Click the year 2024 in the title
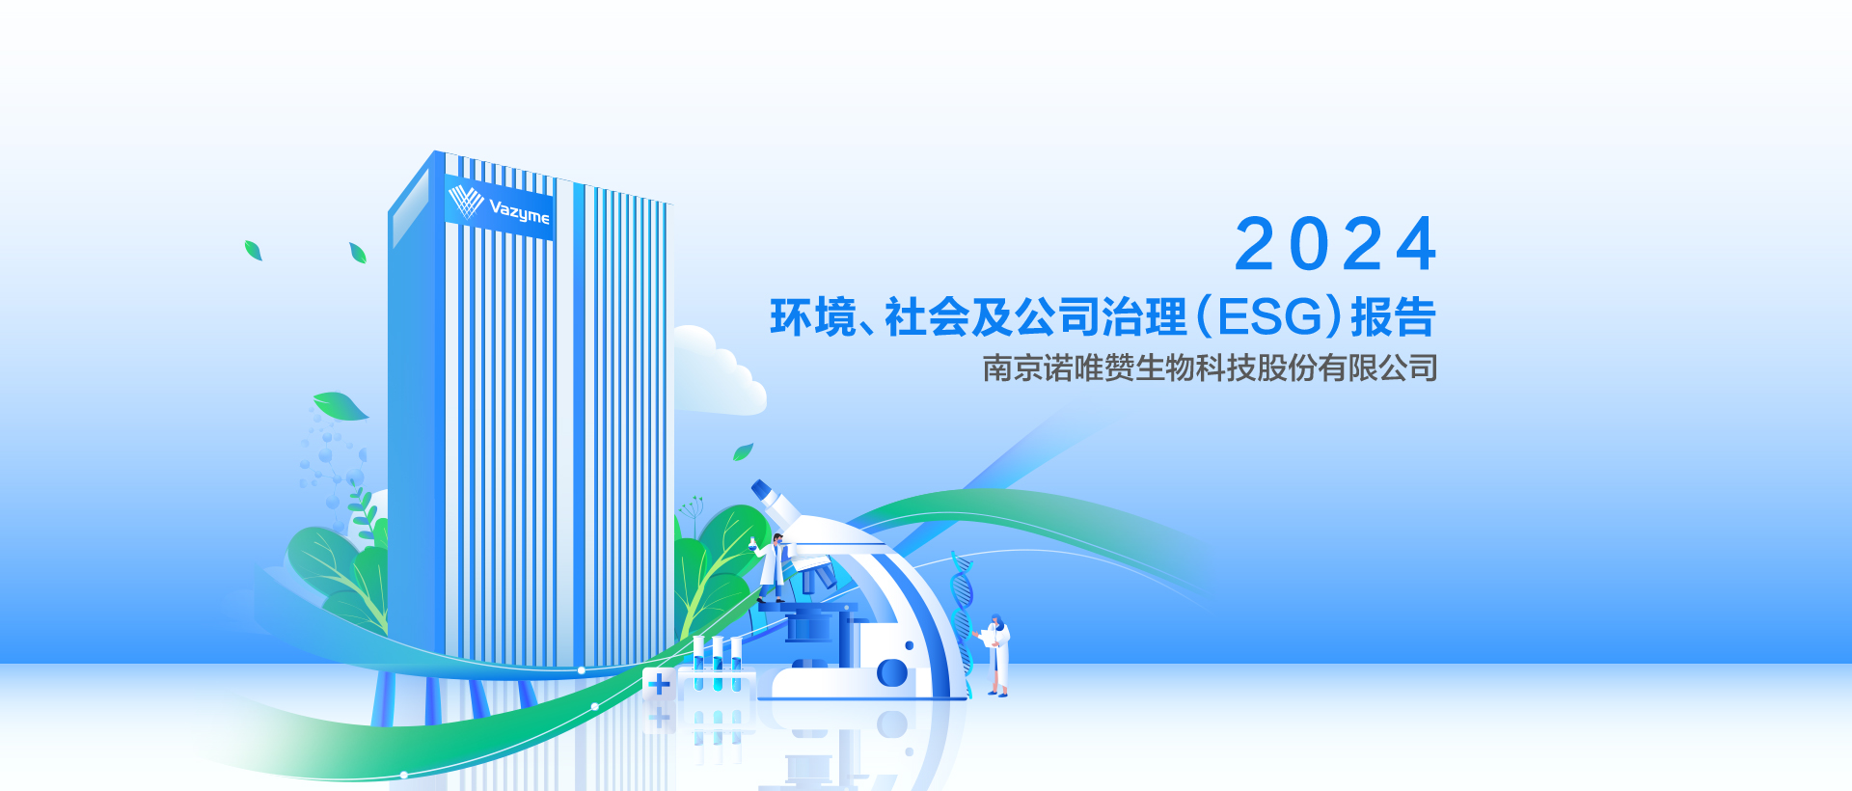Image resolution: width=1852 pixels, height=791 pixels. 1336,244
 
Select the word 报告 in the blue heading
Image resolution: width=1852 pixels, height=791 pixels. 1394,317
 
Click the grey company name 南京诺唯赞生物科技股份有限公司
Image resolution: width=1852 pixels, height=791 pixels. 1211,368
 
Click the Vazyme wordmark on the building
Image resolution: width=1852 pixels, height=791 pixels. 519,210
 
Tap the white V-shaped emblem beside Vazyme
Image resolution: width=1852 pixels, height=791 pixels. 466,201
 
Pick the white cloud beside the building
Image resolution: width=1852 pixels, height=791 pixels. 718,371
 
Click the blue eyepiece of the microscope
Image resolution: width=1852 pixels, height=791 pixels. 762,489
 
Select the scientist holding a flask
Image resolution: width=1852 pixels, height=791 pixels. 772,569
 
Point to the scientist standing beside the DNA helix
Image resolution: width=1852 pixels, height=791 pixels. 996,655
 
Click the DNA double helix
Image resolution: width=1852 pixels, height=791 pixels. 962,622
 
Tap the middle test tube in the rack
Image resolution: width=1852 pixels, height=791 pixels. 717,663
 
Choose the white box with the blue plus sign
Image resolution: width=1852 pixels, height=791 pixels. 659,684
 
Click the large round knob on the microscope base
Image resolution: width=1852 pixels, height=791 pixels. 892,672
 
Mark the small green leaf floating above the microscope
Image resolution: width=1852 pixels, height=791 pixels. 743,451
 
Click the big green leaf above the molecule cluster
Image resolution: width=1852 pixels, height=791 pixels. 340,406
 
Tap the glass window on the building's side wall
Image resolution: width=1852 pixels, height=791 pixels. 410,208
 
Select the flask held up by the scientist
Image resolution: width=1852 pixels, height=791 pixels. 752,544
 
